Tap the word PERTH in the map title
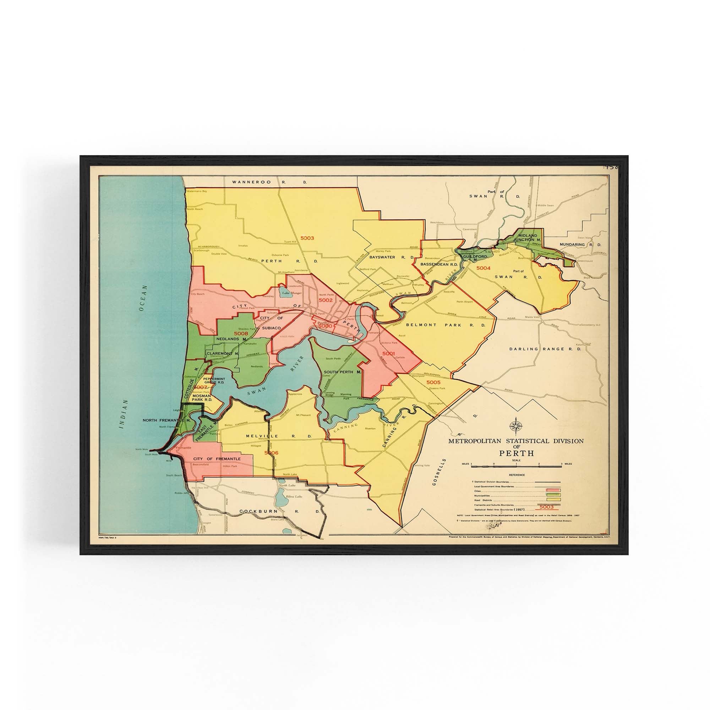click(x=516, y=453)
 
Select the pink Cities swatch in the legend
click(x=553, y=490)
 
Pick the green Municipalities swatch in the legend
click(x=553, y=495)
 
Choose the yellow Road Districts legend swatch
click(x=553, y=500)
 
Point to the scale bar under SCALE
click(x=516, y=466)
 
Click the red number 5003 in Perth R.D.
click(x=307, y=238)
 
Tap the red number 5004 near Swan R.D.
click(x=483, y=268)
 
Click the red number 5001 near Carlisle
click(x=388, y=354)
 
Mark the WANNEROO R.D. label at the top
click(x=269, y=182)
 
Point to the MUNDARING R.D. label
click(x=580, y=244)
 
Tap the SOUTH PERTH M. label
click(x=343, y=372)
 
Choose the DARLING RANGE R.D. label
click(x=545, y=349)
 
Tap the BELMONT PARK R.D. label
click(x=446, y=325)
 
